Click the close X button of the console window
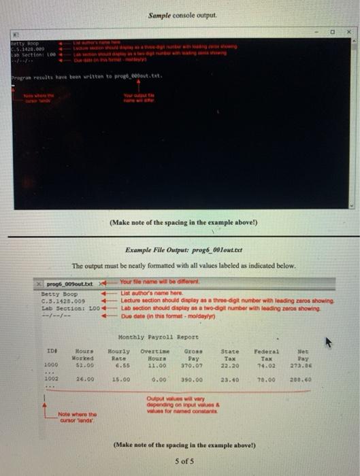(349, 31)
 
